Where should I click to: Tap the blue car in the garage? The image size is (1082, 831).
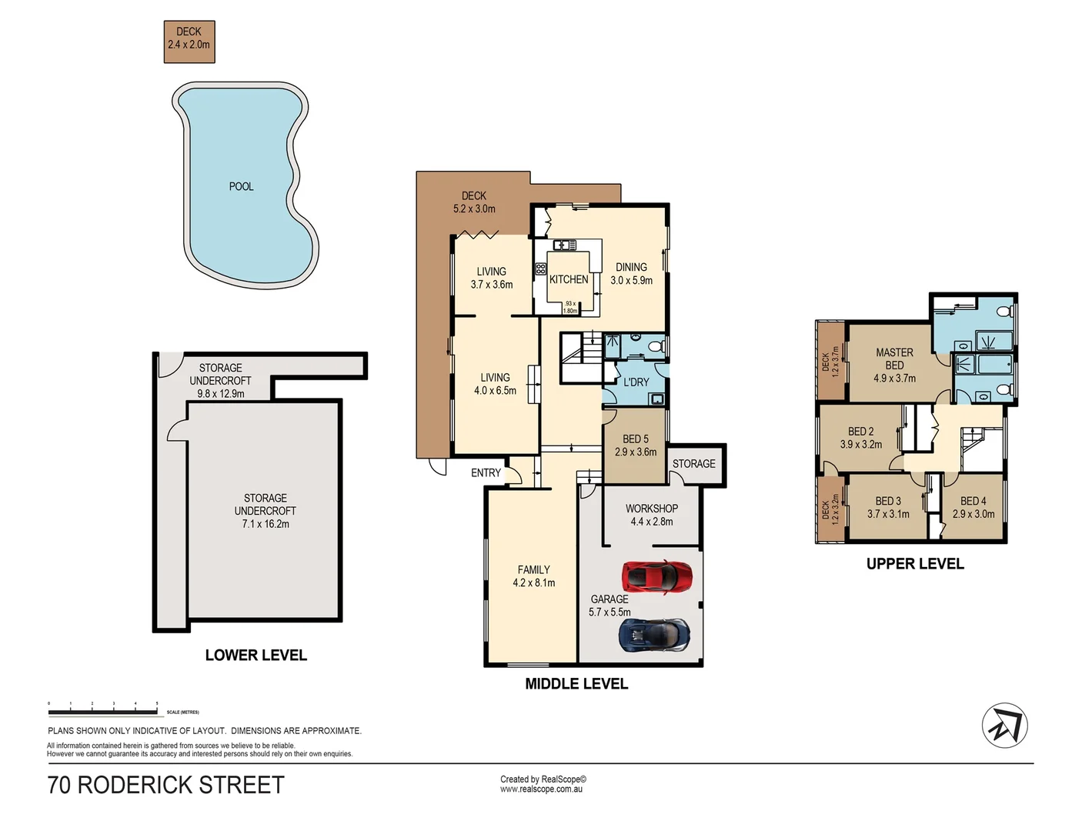(x=655, y=635)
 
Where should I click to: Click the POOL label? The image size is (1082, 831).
(x=241, y=186)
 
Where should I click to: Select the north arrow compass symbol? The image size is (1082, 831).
(x=1004, y=726)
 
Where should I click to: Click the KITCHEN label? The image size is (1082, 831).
(x=569, y=279)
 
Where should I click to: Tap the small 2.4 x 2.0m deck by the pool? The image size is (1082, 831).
(x=189, y=42)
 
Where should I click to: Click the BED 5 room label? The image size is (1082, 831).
(x=636, y=439)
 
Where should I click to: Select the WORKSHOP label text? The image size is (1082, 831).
(x=651, y=509)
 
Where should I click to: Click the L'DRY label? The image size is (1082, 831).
(x=636, y=382)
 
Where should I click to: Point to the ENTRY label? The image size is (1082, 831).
(x=486, y=472)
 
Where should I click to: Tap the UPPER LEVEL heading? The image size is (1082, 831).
(x=915, y=564)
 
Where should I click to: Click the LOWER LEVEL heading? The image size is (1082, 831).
(x=255, y=656)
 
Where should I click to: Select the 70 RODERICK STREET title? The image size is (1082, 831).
(x=166, y=785)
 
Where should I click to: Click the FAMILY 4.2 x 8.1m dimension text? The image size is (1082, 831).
(x=534, y=582)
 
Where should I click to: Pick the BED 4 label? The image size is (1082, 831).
(x=973, y=501)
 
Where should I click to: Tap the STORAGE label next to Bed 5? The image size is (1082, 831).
(x=693, y=463)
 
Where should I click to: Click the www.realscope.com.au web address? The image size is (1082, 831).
(x=541, y=789)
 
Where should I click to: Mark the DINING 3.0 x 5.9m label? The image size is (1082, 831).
(x=631, y=274)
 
